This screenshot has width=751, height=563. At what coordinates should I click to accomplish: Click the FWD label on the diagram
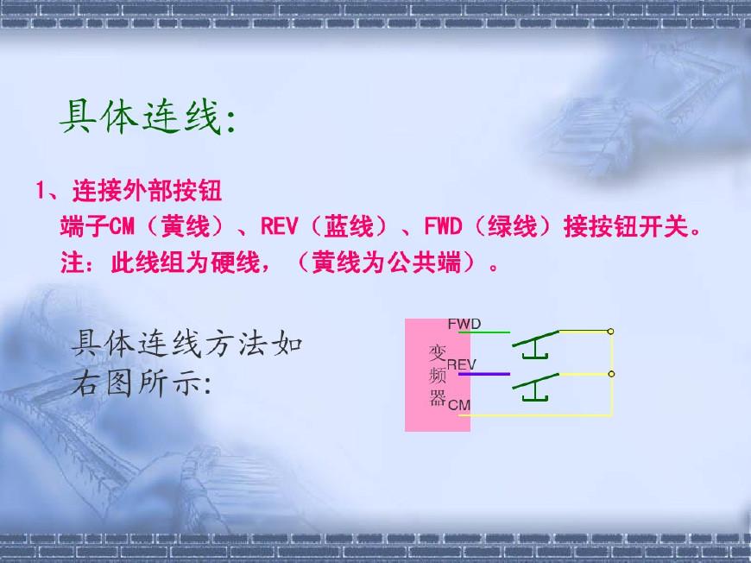click(x=464, y=324)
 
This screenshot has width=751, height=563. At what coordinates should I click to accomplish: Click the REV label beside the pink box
click(x=461, y=365)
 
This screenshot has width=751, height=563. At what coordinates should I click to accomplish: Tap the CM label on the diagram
click(x=459, y=404)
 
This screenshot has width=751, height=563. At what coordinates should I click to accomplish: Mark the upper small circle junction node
click(x=611, y=331)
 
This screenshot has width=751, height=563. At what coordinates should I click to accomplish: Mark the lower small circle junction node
click(x=611, y=374)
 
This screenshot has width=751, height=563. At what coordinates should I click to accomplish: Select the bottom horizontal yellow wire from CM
click(x=540, y=415)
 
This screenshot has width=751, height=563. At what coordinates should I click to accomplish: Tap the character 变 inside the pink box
click(x=438, y=354)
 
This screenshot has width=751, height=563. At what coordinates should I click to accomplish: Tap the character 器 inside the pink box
click(x=438, y=398)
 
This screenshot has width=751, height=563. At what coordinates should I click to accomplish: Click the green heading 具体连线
click(x=147, y=117)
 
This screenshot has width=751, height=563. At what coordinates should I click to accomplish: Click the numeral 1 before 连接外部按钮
click(x=40, y=189)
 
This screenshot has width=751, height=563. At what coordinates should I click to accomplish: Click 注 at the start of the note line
click(x=72, y=263)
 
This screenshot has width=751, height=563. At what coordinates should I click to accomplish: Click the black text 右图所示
click(x=141, y=383)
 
